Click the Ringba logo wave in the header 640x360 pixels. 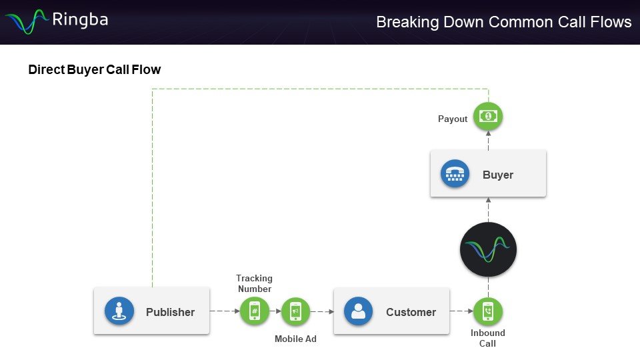27,21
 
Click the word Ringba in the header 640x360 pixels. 79,20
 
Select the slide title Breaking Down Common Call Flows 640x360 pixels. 503,22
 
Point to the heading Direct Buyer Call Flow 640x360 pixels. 94,69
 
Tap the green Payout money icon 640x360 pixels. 488,117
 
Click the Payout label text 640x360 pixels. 453,119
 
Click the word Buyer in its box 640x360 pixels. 498,175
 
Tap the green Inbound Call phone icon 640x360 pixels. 488,311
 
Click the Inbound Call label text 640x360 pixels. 488,338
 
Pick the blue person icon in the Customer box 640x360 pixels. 358,311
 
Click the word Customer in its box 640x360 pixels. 411,312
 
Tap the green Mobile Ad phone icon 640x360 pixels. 295,311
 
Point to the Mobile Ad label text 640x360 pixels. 295,339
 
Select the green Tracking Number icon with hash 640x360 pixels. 254,311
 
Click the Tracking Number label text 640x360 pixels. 254,283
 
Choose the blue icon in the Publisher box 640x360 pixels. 119,311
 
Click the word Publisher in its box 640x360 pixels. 170,312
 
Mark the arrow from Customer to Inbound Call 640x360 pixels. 461,311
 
